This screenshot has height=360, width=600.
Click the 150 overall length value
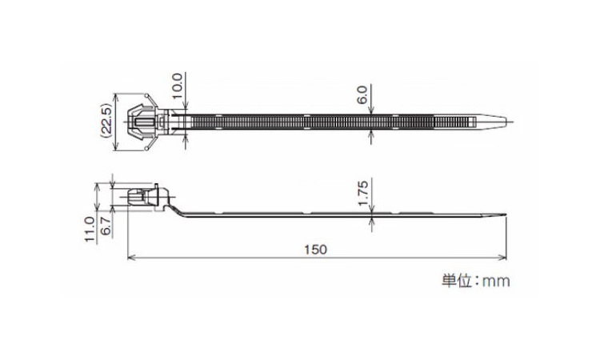click(316, 250)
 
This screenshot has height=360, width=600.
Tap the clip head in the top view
click(143, 123)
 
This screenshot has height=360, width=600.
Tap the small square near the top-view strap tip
click(479, 122)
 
